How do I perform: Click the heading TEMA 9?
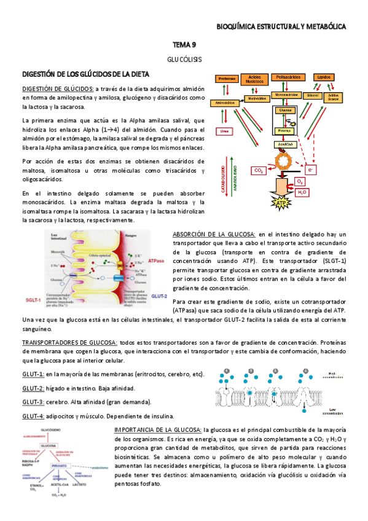[x=184, y=45]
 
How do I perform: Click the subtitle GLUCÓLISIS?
[x=184, y=60]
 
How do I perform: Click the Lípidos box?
[x=323, y=77]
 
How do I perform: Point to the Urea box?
[x=224, y=132]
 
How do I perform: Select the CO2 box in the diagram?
[x=259, y=170]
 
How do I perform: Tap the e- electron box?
[x=311, y=170]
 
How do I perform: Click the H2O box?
[x=302, y=192]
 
